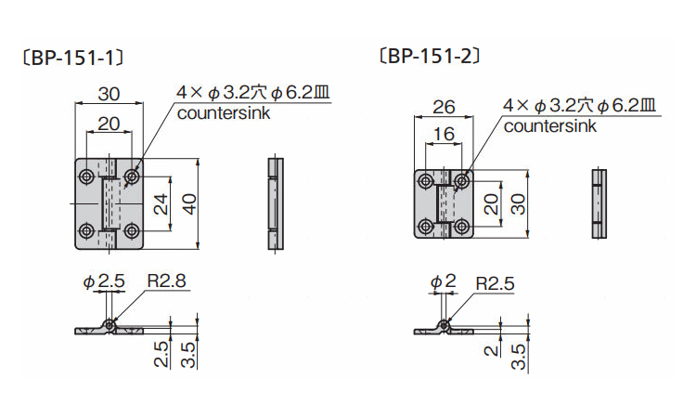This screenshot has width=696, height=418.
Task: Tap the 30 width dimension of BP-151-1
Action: coord(110,95)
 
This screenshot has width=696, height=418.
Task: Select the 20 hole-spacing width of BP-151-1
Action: coord(109,124)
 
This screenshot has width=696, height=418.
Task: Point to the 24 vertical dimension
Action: coord(161,203)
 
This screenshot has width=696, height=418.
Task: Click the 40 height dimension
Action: coord(189,203)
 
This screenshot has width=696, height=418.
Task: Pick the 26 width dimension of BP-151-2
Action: coord(444,107)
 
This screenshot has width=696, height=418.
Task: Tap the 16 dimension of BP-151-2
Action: coord(444,135)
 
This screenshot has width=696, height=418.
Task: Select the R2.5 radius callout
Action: coord(494,283)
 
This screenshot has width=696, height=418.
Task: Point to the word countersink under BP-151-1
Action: coord(223,114)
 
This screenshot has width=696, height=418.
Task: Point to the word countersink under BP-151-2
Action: coord(550,127)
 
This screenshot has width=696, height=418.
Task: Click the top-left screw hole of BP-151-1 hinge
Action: coord(86,176)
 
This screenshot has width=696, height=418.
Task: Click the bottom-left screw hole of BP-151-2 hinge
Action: coord(425,225)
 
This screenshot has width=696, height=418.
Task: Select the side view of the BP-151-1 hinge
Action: coord(274,203)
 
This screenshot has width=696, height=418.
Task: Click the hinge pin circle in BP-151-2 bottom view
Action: coord(445,326)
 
